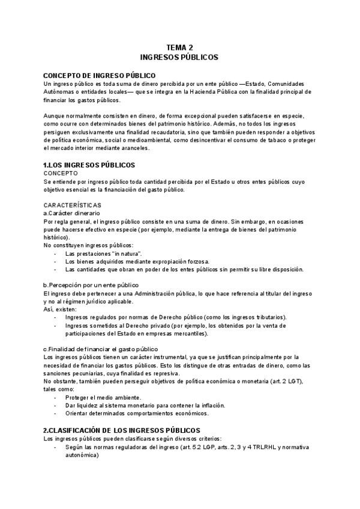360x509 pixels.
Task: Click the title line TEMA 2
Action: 179,47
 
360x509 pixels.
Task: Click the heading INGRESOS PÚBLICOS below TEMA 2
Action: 179,58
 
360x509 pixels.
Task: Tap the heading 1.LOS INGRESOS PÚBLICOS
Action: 89,164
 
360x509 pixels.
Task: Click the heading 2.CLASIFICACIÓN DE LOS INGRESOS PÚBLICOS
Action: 121,430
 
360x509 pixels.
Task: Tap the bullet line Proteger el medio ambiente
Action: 103,397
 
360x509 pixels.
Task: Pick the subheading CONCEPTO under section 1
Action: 61,173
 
